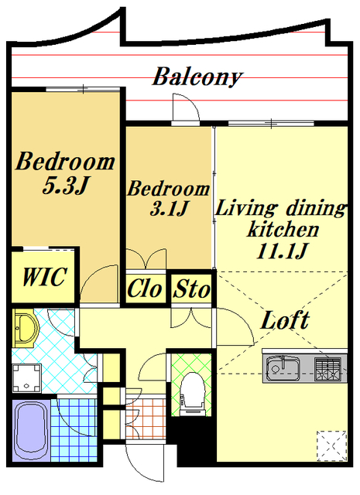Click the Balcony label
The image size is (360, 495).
pos(197,77)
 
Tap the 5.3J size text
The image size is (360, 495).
pos(65,186)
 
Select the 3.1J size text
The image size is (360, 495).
pos(169,208)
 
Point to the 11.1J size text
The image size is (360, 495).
pos(282,251)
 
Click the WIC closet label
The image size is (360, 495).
pos(45,277)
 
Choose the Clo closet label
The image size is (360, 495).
pos(145,288)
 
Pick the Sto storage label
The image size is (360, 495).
pos(192,288)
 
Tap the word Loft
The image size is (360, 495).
pos(285,320)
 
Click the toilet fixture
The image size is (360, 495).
pos(192,393)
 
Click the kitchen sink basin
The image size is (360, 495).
pos(282,368)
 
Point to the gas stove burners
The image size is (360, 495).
pos(328,368)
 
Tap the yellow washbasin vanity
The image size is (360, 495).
pos(26,328)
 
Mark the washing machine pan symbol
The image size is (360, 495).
pos(27,378)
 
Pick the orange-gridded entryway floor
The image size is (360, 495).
pos(146,419)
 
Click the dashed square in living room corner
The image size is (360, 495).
pos(331,445)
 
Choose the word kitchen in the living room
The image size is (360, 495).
pos(283,229)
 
